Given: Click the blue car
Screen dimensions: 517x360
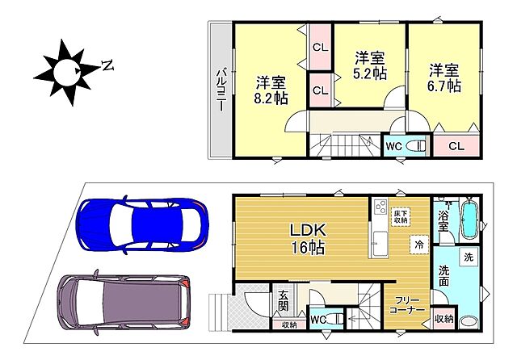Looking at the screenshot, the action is point(142,225).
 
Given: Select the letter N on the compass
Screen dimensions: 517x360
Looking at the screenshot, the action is point(107,65).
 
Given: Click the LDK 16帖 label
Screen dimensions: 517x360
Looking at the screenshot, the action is point(308,239).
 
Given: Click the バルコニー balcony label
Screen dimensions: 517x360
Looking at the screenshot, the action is point(221,90).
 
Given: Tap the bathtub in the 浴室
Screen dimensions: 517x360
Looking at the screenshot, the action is point(470,219).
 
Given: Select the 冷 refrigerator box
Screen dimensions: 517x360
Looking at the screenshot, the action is point(419,245).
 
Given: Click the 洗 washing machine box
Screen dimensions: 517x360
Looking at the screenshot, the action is point(469,257).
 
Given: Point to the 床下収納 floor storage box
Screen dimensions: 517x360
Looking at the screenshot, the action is point(401,216).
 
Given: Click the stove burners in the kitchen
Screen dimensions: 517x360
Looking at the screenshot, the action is point(380,207).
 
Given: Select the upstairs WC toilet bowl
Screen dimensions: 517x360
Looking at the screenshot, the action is point(415,145).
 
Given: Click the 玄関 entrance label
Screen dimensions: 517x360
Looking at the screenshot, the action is point(283,300).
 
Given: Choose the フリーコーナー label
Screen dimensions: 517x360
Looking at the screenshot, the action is point(407,305).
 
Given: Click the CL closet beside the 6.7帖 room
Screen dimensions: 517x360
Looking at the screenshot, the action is point(456,145).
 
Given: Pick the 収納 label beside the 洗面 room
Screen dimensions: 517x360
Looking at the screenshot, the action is point(443,319).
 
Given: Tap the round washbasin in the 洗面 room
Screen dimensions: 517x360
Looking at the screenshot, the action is point(469,321).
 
